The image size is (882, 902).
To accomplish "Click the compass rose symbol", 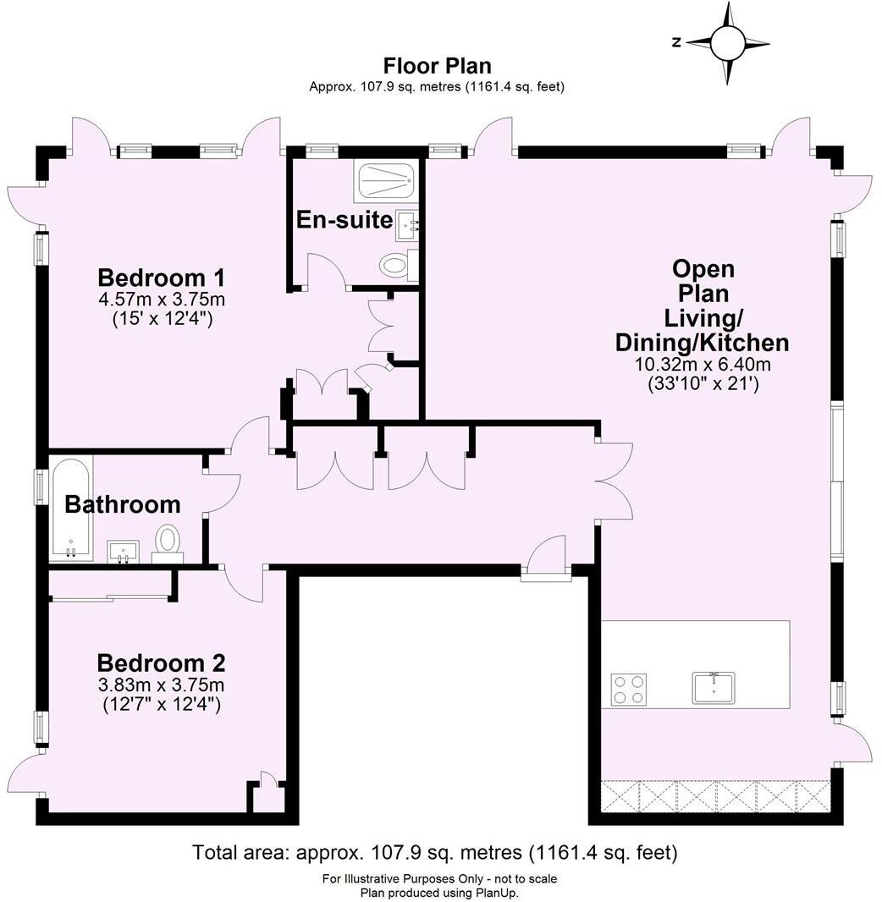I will pos(726,43).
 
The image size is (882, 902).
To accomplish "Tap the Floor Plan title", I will pos(437,65).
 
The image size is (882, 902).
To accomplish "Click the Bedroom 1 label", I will pos(161,278).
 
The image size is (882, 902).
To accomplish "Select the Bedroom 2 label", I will pos(160,663).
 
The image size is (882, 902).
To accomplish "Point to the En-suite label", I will pos(344,220).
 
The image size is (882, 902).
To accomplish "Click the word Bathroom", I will pos(123,505).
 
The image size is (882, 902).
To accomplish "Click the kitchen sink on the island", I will pos(714,686).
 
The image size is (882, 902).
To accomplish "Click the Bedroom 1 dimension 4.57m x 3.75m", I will pos(161,300).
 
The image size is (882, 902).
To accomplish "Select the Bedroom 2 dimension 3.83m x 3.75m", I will pos(160,685).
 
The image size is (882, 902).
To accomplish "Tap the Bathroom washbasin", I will pos(123,553).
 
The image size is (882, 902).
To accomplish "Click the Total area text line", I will pos(435,852).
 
